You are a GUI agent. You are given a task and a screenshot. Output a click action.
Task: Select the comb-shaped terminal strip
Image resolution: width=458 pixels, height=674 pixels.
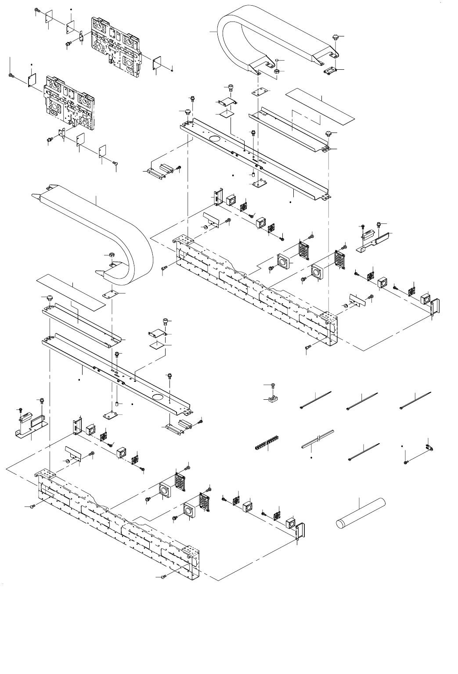pyautogui.click(x=268, y=444)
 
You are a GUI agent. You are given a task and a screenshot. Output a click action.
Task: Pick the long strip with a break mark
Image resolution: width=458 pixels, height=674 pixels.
pyautogui.click(x=318, y=440)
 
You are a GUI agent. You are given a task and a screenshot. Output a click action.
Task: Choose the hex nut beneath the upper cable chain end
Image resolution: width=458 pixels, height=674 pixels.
pyautogui.click(x=278, y=71)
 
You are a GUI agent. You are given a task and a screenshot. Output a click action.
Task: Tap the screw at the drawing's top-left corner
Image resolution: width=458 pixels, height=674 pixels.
pyautogui.click(x=38, y=11)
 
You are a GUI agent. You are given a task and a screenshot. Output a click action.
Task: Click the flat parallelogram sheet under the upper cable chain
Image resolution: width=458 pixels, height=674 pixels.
pyautogui.click(x=319, y=107)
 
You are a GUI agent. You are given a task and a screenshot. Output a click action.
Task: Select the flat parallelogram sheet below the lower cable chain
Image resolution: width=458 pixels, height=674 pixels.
pyautogui.click(x=71, y=290)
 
